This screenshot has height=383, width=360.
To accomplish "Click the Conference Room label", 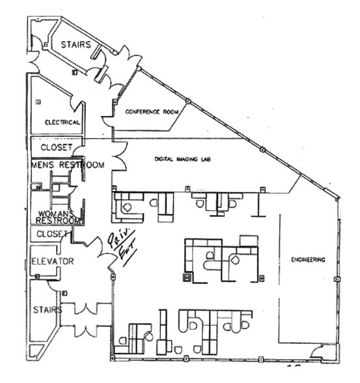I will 152,112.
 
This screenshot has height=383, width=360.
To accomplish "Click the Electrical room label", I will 62,122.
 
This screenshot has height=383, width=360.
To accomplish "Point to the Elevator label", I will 53,262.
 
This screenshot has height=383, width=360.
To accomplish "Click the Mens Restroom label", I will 67,165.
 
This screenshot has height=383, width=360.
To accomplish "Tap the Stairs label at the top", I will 77,44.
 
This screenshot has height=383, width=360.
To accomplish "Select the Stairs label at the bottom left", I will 48,309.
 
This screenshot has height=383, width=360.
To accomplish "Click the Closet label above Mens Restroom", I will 57,147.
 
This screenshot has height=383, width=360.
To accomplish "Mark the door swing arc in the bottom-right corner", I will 318,352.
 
